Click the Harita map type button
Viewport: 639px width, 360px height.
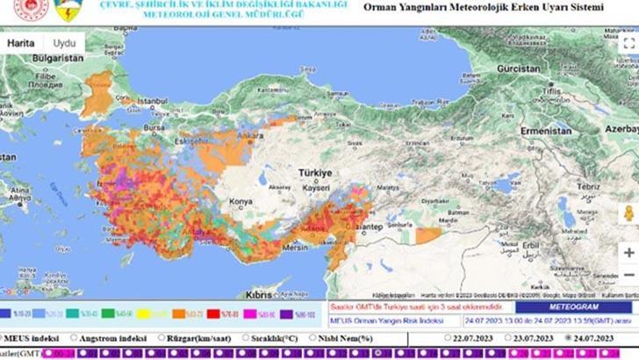(x=23, y=42)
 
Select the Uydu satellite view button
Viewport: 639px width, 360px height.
(x=64, y=42)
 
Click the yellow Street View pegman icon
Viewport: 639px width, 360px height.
(x=628, y=213)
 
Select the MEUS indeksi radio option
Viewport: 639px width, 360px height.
(x=4, y=336)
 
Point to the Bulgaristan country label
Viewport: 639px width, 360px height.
(x=33, y=57)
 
